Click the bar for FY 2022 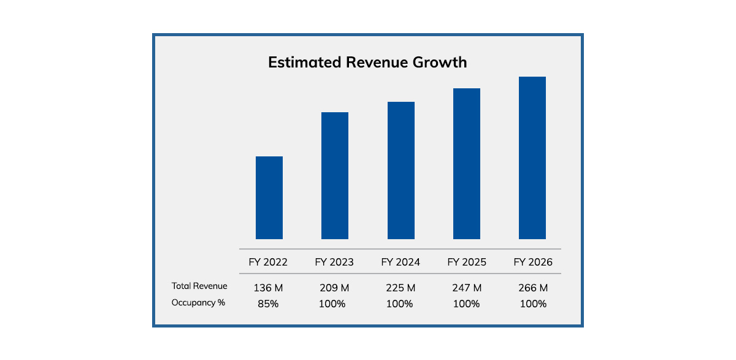point(269,197)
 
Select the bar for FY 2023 point(335,175)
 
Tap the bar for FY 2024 point(401,170)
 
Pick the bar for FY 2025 point(467,163)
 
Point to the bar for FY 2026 point(532,158)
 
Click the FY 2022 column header point(268,262)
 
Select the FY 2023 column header point(334,262)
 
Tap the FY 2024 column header point(401,262)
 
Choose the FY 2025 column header point(467,262)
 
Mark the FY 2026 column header point(533,262)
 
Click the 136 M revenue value point(268,288)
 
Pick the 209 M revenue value point(334,288)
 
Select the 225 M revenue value point(401,288)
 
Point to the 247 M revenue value point(467,288)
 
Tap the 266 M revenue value point(533,288)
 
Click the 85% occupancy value point(268,304)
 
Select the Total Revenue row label point(199,286)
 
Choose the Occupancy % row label point(198,302)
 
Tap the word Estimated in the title point(303,63)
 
